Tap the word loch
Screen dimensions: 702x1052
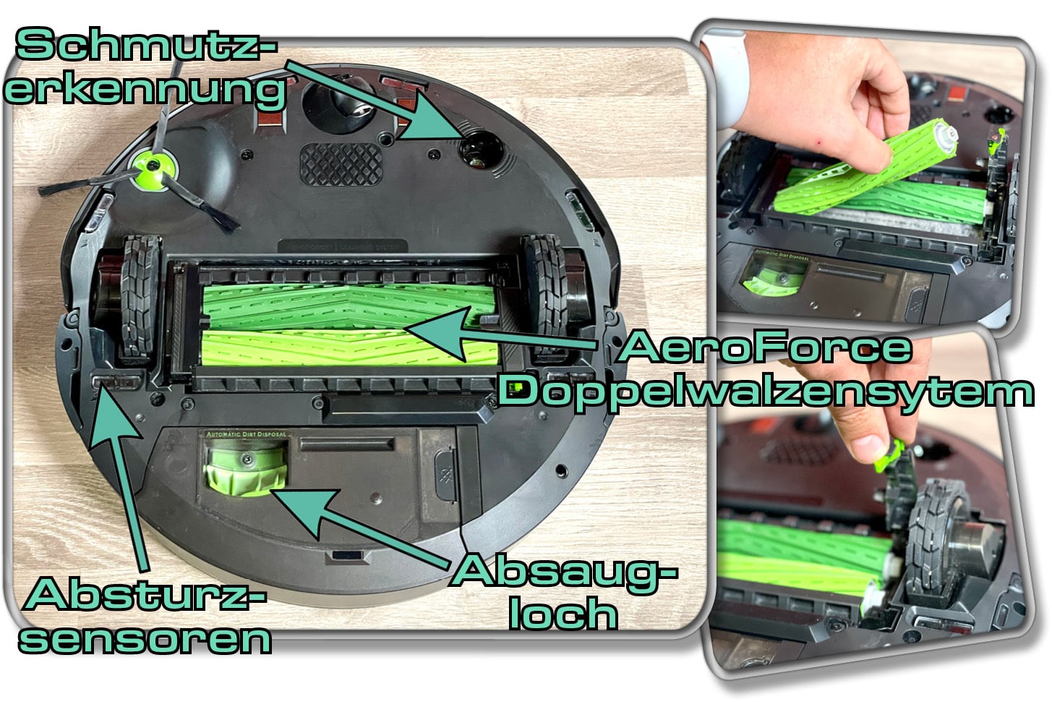563,614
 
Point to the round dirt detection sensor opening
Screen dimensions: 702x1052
479,150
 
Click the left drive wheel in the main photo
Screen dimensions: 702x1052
135,298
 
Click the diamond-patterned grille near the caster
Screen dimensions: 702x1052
340,163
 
